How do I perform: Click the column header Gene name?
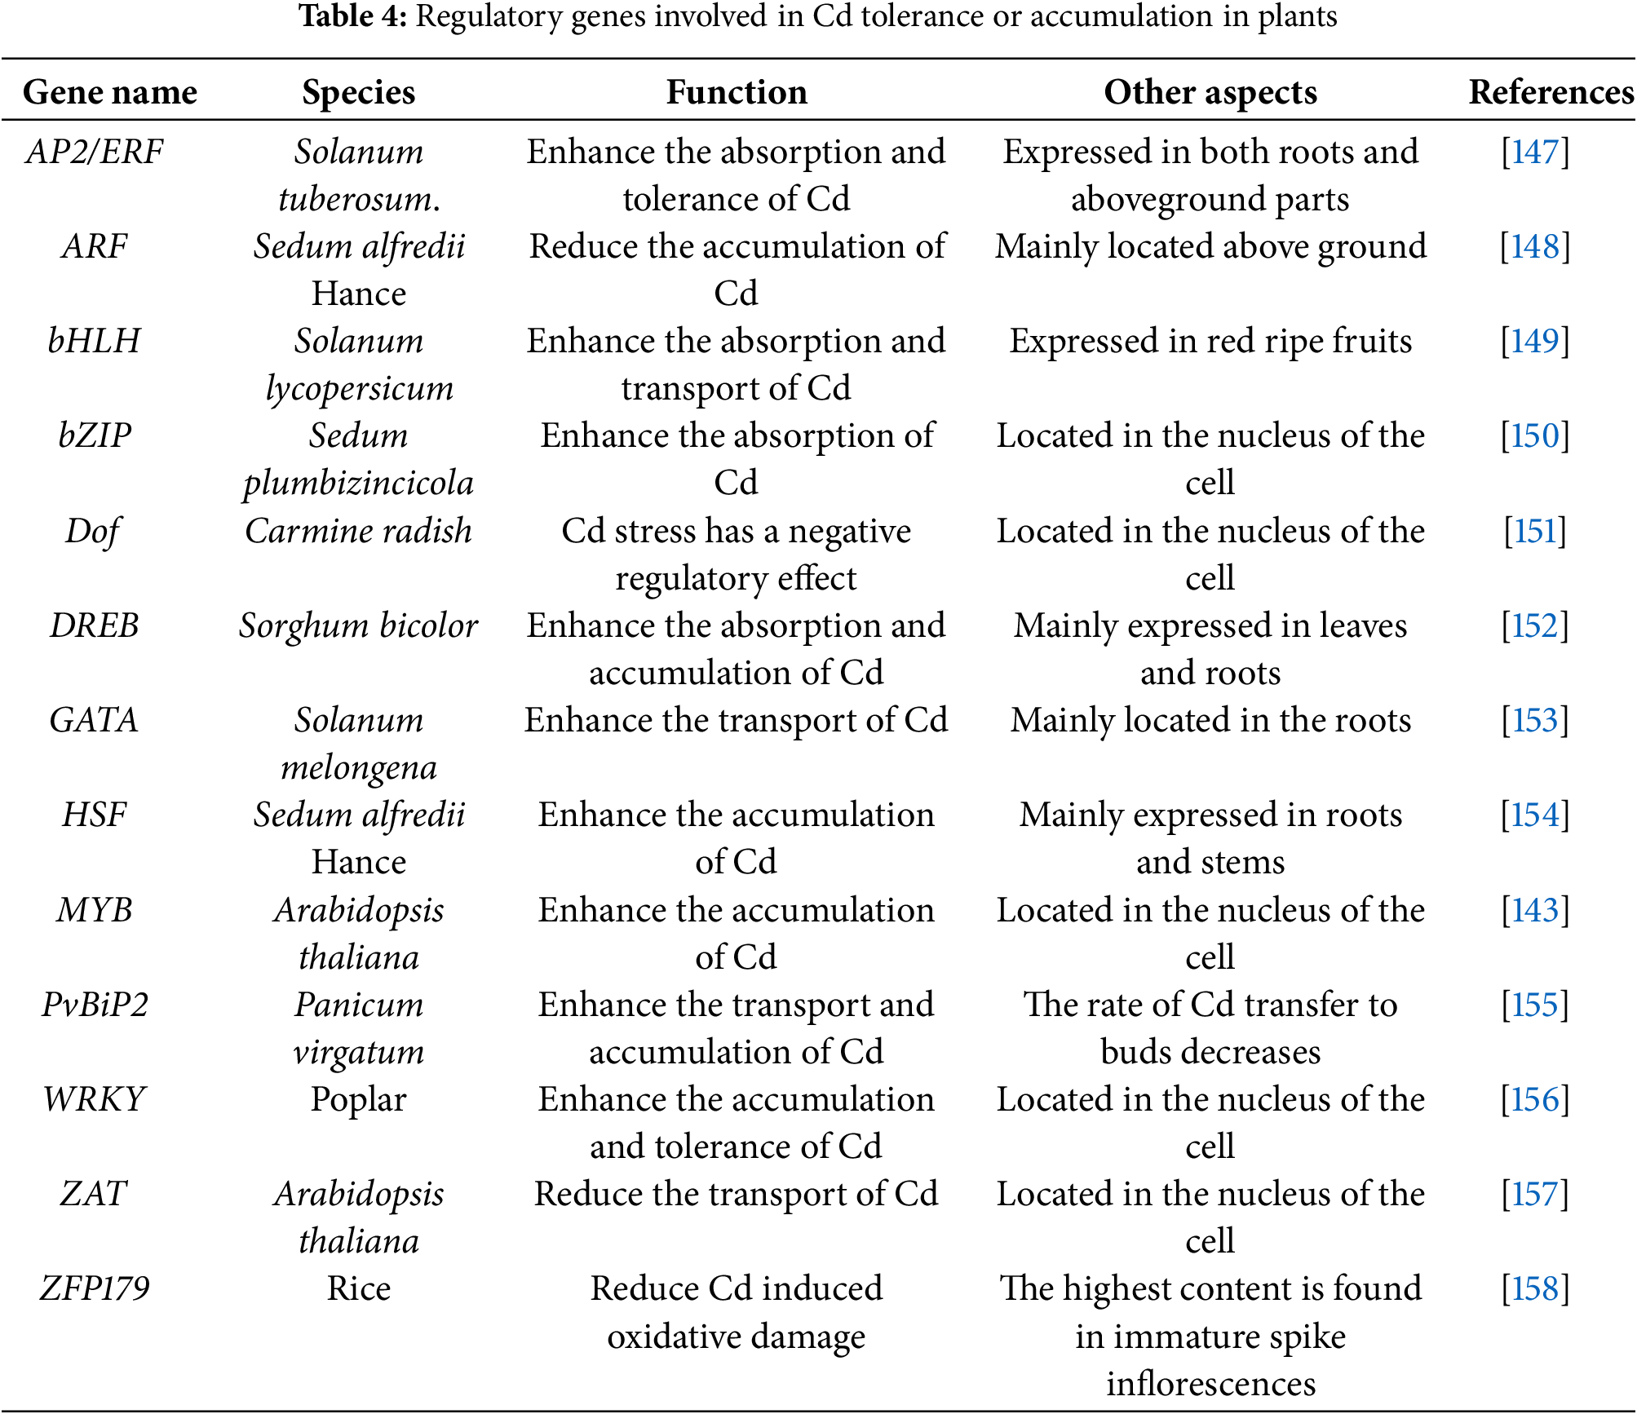pos(110,92)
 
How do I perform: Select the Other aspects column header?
pos(1210,92)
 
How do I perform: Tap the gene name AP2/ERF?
pos(95,152)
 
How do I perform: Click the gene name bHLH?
pos(95,341)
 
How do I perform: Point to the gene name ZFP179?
pos(95,1288)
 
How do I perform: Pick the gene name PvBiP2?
pos(95,1005)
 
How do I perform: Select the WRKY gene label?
pos(95,1099)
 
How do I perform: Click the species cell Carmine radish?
pos(359,531)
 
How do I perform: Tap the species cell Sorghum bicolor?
pos(359,625)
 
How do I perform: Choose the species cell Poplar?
pos(359,1099)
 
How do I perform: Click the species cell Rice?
pos(359,1288)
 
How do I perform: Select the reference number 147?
pos(1535,152)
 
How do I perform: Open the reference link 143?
pos(1535,910)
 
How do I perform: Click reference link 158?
pos(1535,1288)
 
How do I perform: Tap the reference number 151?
pos(1535,531)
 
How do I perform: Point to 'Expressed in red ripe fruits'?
pos(1210,341)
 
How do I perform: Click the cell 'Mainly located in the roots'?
pos(1210,720)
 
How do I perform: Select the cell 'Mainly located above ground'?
pos(1210,246)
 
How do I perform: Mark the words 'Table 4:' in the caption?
pos(353,16)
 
